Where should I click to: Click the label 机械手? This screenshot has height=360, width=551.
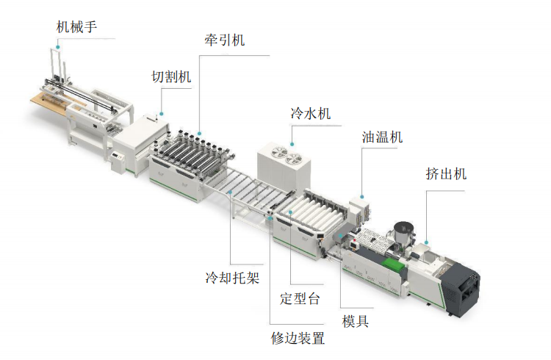[76, 27]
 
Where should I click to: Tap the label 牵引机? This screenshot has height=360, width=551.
[225, 40]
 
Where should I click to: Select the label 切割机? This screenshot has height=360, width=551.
[171, 76]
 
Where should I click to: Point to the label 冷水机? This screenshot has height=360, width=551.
[311, 113]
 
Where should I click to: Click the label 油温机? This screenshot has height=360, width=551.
[382, 137]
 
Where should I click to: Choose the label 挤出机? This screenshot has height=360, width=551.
[446, 173]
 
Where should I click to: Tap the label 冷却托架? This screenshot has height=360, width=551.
[233, 278]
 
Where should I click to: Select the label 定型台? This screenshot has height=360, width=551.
[300, 298]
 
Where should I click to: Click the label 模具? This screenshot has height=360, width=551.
[356, 321]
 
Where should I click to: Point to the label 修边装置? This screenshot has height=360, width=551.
[298, 338]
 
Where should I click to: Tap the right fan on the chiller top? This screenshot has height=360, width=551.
[295, 160]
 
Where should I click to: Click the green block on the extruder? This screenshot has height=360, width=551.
[392, 264]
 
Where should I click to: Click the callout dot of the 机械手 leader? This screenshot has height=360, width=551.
[58, 47]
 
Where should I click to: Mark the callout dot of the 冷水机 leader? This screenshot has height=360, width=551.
[292, 144]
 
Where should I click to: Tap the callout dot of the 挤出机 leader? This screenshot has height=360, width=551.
[426, 242]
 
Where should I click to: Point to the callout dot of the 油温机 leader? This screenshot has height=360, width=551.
[362, 197]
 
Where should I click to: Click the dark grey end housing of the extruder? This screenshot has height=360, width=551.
[461, 288]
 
